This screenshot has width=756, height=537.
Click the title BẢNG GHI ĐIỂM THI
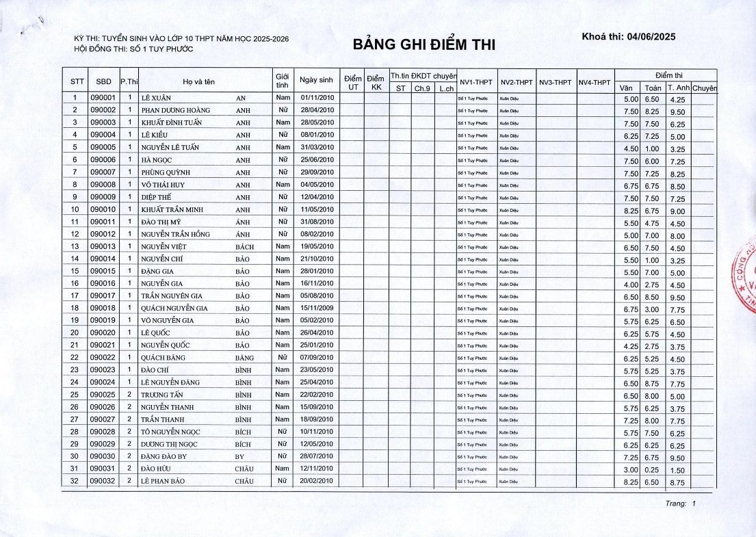point(423,45)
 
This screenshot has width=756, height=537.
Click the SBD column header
point(104,81)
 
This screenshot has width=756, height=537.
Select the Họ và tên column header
point(198,81)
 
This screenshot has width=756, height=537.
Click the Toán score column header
point(652,88)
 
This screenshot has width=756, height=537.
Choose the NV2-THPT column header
point(516,82)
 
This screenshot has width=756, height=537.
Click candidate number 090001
point(104,98)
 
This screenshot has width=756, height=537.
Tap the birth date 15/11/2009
point(316,308)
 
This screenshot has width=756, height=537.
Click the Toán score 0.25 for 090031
point(652,469)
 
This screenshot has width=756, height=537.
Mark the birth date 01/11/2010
point(316,98)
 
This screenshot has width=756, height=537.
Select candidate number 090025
point(104,395)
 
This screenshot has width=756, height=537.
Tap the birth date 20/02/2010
point(316,481)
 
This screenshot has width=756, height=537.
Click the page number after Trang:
point(693,503)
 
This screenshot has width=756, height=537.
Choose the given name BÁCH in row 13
point(244,246)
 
